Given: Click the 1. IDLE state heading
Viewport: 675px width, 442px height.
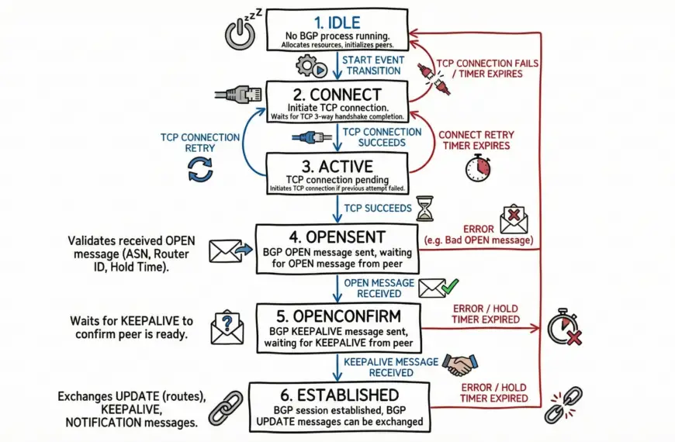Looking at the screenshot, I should pos(337,22).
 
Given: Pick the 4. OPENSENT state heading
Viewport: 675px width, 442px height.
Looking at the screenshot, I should pos(337,235).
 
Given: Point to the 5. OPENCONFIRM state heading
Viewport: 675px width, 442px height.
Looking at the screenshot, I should pos(337,317).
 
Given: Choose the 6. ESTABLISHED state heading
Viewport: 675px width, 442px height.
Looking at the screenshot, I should pos(337,395).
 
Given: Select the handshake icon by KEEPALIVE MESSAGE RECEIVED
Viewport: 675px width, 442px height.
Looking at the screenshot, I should pos(460,364).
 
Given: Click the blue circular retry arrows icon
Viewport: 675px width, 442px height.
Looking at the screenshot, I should pos(200,170).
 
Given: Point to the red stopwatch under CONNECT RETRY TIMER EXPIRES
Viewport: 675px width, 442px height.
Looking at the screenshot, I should pos(477,167).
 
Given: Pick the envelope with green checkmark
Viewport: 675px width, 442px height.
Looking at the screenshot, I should pos(437,288).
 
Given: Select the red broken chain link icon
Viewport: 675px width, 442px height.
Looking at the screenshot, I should pos(565,404).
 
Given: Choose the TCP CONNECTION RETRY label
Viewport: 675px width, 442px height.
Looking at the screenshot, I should pos(200,143).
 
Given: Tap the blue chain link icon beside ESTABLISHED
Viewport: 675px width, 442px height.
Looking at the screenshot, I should pos(223,406).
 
